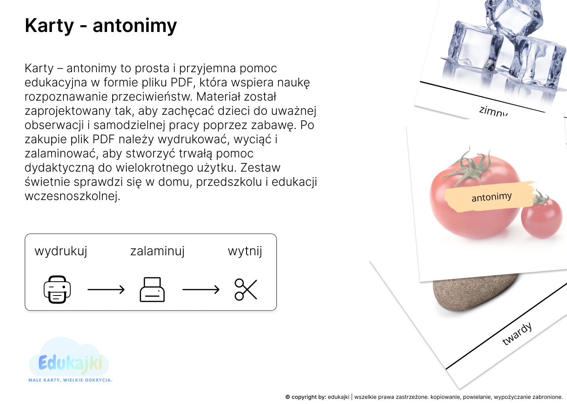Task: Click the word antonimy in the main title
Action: (x=135, y=26)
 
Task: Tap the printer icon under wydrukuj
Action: (x=57, y=289)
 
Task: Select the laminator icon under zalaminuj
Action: (x=152, y=289)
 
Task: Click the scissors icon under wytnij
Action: (x=246, y=289)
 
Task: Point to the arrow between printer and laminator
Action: (x=106, y=289)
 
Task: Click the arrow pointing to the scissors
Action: (x=201, y=289)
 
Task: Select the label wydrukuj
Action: (x=61, y=251)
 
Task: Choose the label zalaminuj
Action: (x=157, y=251)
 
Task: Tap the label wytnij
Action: (x=245, y=251)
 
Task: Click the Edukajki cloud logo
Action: (x=69, y=357)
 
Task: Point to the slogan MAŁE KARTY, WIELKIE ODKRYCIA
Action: (x=70, y=380)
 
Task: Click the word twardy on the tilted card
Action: (x=517, y=334)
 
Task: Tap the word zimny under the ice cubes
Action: (x=494, y=111)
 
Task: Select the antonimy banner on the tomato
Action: (x=491, y=197)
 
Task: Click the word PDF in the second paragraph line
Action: (x=182, y=82)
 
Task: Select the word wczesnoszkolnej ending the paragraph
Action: (x=72, y=196)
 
